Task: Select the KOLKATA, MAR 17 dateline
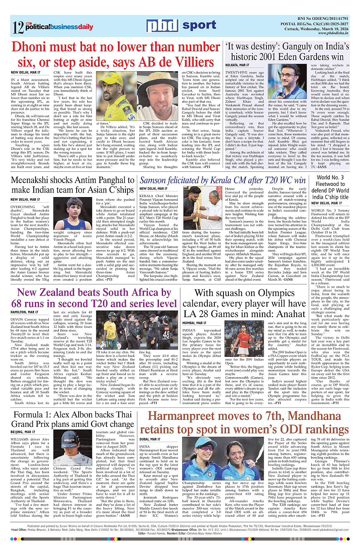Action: (x=237, y=65)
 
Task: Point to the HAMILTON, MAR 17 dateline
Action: (x=24, y=312)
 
